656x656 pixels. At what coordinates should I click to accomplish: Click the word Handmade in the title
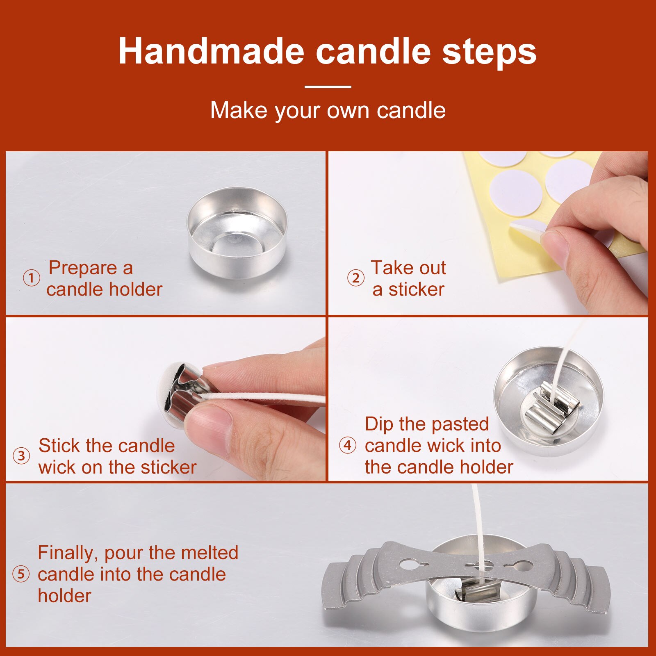[211, 52]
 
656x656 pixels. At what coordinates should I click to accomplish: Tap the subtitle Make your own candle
[328, 110]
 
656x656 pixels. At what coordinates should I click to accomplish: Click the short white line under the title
[328, 87]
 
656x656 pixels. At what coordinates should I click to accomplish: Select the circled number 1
[31, 278]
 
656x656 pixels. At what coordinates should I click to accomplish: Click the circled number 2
[355, 278]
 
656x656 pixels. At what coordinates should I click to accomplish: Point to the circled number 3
[21, 456]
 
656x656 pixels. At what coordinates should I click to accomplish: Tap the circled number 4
[347, 445]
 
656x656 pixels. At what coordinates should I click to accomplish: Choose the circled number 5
[21, 574]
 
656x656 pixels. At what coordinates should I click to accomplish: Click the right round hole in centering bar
[524, 567]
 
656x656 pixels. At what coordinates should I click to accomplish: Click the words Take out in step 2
[408, 268]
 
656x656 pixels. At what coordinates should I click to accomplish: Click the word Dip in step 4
[379, 424]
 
